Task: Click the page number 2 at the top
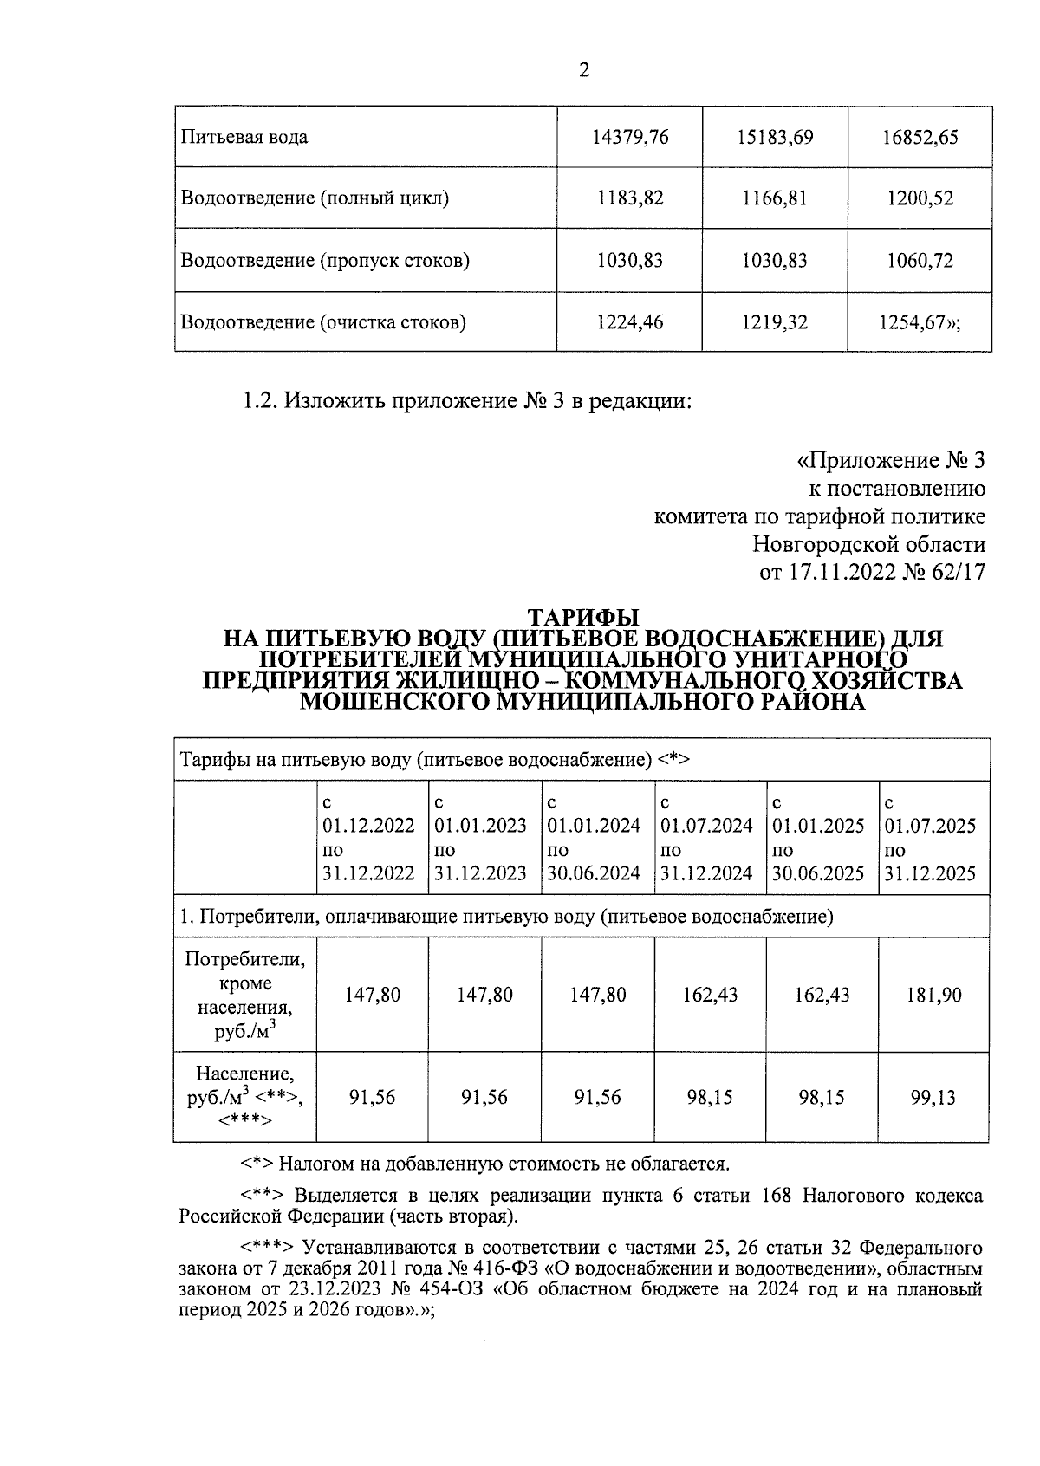click(x=583, y=71)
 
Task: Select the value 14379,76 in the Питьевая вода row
click(x=630, y=137)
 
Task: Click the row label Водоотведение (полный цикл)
click(x=315, y=198)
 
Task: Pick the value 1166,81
click(x=775, y=198)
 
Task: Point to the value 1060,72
click(x=920, y=261)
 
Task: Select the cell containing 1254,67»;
click(x=920, y=323)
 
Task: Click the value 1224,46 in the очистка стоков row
click(x=630, y=323)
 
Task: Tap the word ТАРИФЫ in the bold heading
click(x=583, y=618)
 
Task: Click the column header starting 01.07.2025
click(x=930, y=838)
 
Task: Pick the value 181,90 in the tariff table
click(x=933, y=995)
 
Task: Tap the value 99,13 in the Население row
click(x=933, y=1098)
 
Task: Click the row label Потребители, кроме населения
click(x=245, y=995)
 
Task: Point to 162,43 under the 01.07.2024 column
click(x=710, y=995)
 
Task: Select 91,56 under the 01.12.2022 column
click(x=372, y=1098)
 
